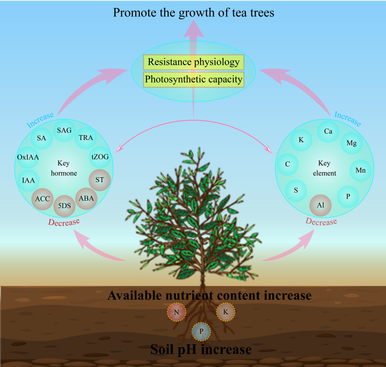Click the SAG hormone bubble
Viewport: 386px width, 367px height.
[64, 130]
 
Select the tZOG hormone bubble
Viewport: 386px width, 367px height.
[100, 157]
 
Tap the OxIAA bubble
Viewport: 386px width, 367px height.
[28, 157]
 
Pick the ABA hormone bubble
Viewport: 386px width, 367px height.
[86, 198]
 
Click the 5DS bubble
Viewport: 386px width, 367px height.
[64, 206]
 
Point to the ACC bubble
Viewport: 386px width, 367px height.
[43, 199]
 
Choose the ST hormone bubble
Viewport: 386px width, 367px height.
[100, 180]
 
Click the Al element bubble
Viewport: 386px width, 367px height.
[320, 205]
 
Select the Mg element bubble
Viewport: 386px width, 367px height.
[351, 143]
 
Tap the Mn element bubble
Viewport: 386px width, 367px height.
[360, 170]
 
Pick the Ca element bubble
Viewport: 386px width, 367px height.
[328, 131]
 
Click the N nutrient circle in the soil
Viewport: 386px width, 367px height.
[176, 312]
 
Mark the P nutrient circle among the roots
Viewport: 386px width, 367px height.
[201, 331]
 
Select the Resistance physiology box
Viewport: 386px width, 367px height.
[194, 62]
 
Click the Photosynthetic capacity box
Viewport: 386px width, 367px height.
[194, 80]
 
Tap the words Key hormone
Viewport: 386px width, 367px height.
[64, 168]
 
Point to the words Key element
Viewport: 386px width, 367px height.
[324, 168]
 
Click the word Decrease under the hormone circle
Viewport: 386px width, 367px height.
[64, 222]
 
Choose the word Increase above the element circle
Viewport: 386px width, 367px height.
[347, 119]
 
